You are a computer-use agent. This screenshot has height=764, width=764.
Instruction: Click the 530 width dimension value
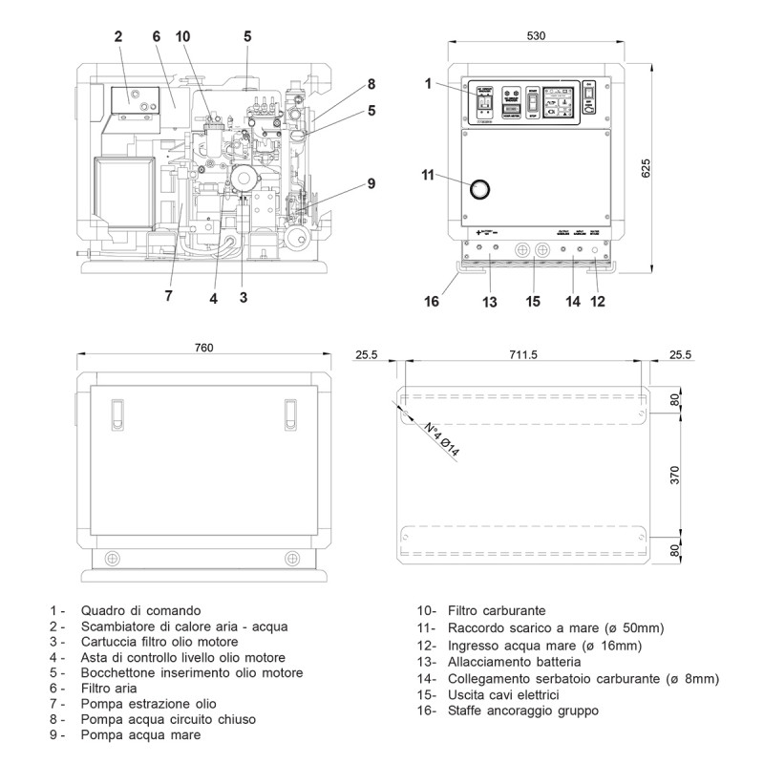point(536,36)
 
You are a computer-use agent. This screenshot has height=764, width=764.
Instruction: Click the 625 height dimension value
point(646,168)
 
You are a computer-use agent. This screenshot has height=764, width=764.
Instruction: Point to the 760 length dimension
point(202,347)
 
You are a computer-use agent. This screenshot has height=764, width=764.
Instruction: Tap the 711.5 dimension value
point(523,354)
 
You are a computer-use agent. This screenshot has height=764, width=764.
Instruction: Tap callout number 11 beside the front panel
point(428,175)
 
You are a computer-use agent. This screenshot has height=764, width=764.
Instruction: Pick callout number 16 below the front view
point(432,302)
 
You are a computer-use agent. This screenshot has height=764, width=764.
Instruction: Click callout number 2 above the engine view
point(118,36)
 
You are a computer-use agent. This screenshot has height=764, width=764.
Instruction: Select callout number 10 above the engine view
point(182,36)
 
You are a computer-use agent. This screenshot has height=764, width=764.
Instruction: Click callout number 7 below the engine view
point(168,296)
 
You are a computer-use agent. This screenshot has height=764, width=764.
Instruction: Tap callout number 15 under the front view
point(533,302)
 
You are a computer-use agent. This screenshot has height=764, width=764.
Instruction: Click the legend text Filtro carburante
point(496,610)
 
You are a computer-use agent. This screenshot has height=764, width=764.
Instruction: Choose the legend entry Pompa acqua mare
point(140,736)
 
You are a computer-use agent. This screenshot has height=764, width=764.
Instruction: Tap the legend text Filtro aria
point(109,687)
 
